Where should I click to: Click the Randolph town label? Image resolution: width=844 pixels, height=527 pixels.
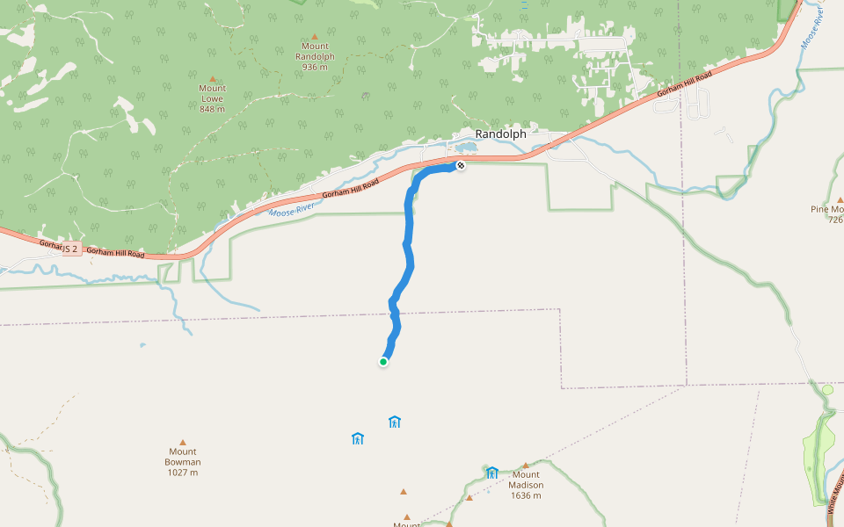pos(500,134)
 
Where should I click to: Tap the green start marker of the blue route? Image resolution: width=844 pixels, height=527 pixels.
pos(383,361)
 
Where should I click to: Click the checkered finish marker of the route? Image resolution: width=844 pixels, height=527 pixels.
pos(460,165)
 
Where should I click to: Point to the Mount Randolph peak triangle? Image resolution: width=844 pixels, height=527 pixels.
pos(314,36)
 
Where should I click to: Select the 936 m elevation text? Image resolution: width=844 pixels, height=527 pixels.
pos(314,67)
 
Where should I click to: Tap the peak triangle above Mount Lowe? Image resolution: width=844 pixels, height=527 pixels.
pos(212,78)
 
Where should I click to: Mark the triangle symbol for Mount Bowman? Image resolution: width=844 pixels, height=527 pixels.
pos(183,442)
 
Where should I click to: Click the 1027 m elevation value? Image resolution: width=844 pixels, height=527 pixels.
pos(183,473)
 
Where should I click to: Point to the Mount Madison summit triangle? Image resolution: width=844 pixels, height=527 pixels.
pos(526,466)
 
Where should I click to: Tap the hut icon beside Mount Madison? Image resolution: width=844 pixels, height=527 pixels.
pos(492,473)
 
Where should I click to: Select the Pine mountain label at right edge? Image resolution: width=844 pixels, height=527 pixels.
pos(828,209)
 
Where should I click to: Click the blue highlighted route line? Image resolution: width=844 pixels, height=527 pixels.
pos(406,255)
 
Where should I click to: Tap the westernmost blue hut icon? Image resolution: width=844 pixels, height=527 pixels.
pos(358,438)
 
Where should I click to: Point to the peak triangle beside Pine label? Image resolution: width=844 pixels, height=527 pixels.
pos(840,199)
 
